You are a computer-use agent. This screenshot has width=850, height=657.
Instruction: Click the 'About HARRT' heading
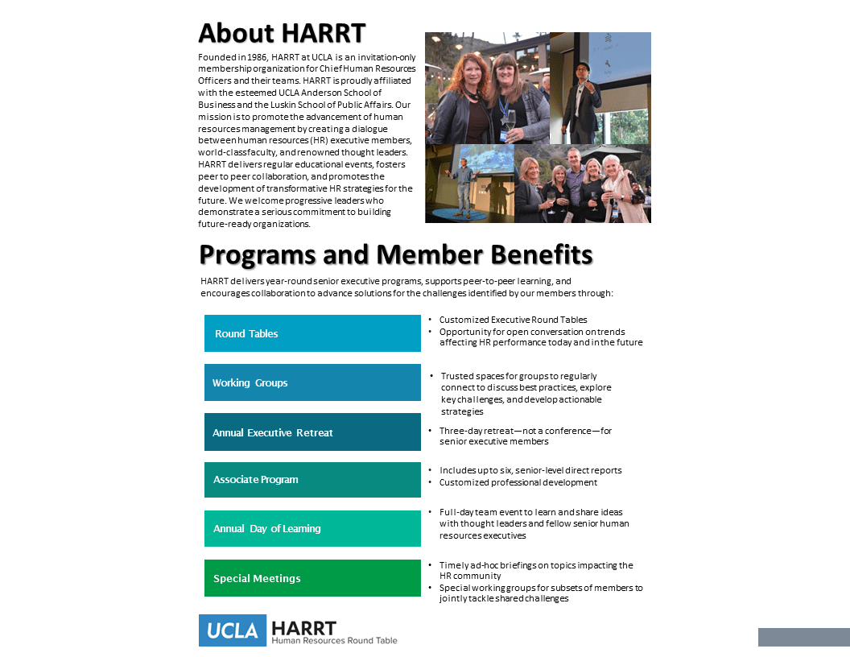[282, 34]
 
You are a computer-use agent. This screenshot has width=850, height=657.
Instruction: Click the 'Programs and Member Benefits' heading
[395, 254]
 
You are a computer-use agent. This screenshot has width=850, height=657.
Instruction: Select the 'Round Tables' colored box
[312, 333]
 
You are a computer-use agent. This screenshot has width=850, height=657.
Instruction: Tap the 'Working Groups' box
[312, 382]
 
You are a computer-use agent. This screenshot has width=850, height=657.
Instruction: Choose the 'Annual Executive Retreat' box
[312, 432]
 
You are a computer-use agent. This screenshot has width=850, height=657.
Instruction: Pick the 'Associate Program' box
[312, 480]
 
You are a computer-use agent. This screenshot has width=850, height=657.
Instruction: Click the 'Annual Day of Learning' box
[312, 529]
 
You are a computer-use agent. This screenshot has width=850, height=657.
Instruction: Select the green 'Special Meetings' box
[312, 578]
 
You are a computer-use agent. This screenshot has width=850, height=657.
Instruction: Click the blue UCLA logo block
[232, 630]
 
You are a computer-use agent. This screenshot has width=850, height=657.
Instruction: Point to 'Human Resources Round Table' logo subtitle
[334, 641]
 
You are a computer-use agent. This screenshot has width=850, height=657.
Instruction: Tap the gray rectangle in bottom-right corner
[803, 637]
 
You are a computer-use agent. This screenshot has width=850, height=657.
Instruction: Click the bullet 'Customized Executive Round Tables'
[513, 320]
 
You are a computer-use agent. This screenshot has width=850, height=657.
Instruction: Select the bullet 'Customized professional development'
[518, 482]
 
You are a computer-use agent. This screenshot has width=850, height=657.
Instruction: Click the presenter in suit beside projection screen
[581, 97]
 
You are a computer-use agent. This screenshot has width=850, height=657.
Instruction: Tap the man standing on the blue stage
[464, 184]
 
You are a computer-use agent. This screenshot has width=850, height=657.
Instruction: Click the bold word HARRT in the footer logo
[304, 627]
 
